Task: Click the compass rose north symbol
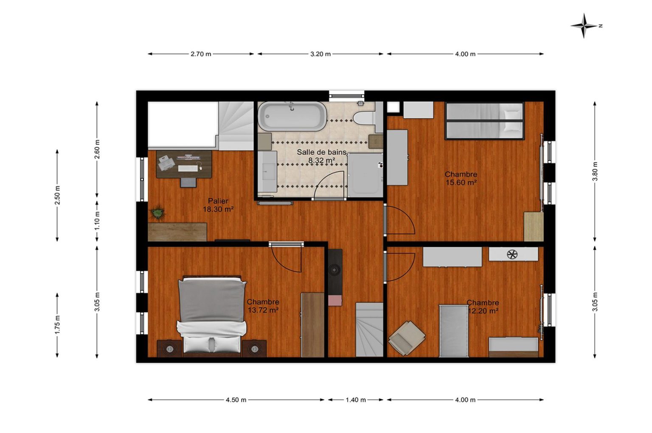click(x=584, y=26)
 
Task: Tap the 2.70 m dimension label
click(x=201, y=54)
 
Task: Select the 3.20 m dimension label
click(x=320, y=54)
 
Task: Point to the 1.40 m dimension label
click(x=356, y=400)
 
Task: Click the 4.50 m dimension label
click(x=236, y=400)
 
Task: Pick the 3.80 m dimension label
click(x=595, y=172)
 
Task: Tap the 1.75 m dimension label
click(x=57, y=325)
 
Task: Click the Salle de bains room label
click(x=322, y=152)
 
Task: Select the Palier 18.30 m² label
click(x=218, y=205)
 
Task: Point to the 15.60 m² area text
click(x=461, y=183)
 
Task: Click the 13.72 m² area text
click(x=263, y=310)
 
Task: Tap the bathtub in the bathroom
click(x=292, y=116)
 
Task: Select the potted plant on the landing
click(x=157, y=214)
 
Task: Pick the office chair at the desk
click(x=188, y=182)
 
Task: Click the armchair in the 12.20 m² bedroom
click(x=407, y=338)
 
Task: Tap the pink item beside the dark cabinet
click(x=335, y=300)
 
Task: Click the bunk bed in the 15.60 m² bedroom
click(x=485, y=120)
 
